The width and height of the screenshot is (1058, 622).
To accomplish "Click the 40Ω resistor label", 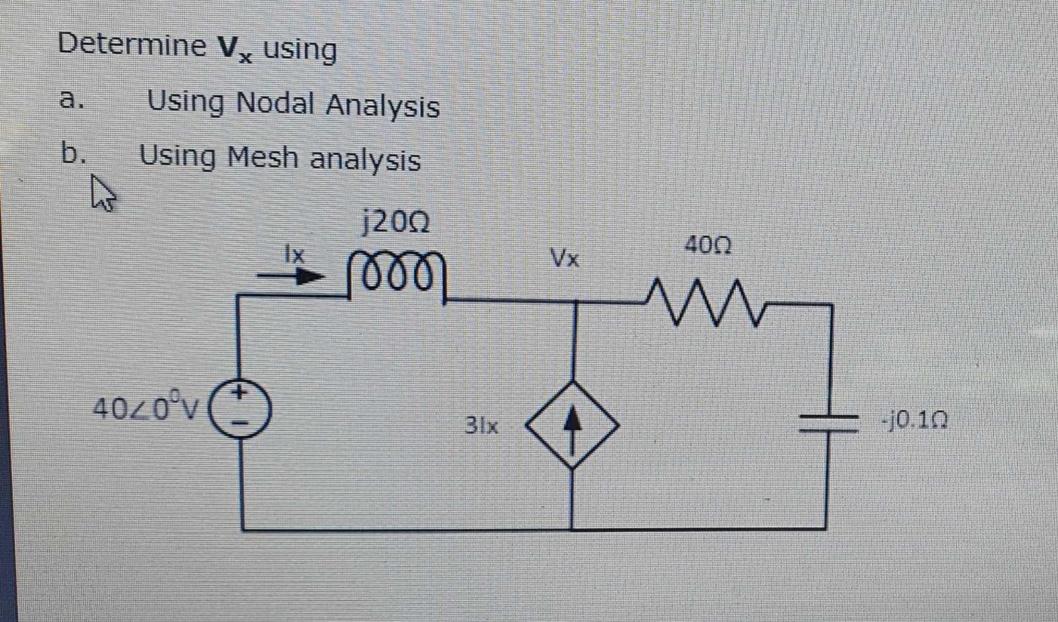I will (x=708, y=246).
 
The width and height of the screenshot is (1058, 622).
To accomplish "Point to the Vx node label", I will (x=565, y=258).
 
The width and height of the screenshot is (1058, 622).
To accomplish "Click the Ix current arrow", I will (x=291, y=275).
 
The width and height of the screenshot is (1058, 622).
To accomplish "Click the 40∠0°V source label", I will (x=145, y=408).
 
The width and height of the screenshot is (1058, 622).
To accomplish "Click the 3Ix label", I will (x=481, y=425).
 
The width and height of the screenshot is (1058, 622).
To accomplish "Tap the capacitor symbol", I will (x=829, y=422).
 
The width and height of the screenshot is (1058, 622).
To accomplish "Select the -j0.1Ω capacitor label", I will (x=915, y=420).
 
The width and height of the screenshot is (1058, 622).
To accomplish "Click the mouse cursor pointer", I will (x=102, y=193).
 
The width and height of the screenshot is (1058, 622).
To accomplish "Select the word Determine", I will (x=132, y=44).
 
